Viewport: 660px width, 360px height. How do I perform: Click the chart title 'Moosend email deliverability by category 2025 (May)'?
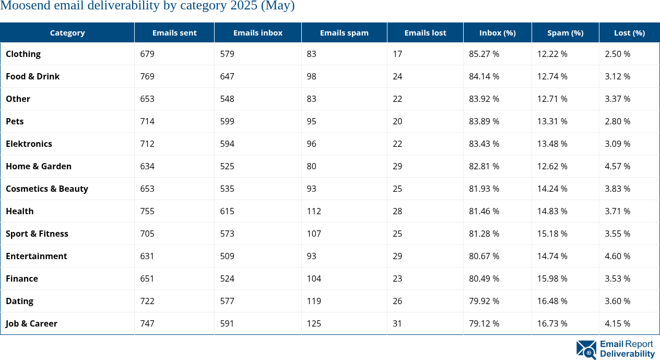coord(147,6)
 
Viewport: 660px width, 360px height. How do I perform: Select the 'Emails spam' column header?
coord(344,32)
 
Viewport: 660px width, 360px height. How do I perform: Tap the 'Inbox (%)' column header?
coord(497,32)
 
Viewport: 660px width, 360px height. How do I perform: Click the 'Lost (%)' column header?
coord(629,32)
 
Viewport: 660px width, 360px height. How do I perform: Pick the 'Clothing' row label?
coord(23,54)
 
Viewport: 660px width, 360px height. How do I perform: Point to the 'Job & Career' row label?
coord(31,323)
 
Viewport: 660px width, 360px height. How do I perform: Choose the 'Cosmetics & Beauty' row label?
coord(47,189)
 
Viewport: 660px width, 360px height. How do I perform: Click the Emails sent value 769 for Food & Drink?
coord(147,76)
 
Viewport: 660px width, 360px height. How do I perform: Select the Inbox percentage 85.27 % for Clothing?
coord(484,54)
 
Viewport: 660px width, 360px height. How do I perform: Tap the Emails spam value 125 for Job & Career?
coord(314,323)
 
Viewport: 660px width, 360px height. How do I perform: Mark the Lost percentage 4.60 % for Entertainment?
coord(617,256)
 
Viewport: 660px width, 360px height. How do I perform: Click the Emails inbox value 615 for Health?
coord(227,211)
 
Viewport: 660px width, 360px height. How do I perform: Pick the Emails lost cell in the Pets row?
coord(397,121)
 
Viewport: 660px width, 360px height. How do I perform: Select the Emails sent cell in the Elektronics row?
coord(147,144)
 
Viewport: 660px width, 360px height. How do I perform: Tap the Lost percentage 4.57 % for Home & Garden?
coord(617,166)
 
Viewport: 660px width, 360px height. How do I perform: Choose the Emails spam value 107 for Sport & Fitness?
coord(314,234)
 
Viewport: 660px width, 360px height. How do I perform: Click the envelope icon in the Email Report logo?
coord(586,350)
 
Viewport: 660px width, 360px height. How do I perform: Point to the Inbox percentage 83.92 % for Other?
coord(484,99)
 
